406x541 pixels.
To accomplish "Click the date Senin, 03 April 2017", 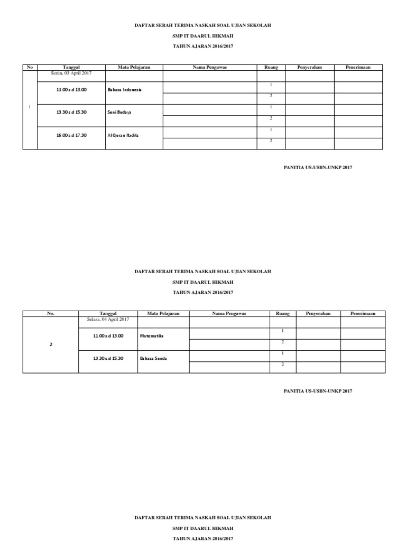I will [71, 73].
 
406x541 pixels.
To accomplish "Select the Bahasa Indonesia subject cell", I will [125, 90].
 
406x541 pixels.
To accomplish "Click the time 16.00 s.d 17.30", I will [71, 135].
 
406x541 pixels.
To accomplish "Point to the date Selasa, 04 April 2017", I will [108, 319].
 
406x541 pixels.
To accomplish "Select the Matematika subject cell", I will [152, 335].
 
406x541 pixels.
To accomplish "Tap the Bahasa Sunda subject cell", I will [154, 358].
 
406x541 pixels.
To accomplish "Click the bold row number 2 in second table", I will [51, 344].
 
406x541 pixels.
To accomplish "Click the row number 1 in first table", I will [30, 107].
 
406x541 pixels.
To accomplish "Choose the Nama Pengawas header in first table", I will [209, 67].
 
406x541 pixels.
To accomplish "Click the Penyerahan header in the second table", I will [318, 313].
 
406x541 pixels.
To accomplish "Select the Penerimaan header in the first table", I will [358, 67].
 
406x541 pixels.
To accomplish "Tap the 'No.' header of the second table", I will [51, 313].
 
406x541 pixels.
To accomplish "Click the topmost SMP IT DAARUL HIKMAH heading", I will [202, 36].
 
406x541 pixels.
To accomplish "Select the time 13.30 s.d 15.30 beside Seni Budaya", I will [71, 113].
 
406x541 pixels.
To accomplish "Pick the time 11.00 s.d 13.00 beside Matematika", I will [108, 335].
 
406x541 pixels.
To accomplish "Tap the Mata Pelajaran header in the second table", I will [163, 313].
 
